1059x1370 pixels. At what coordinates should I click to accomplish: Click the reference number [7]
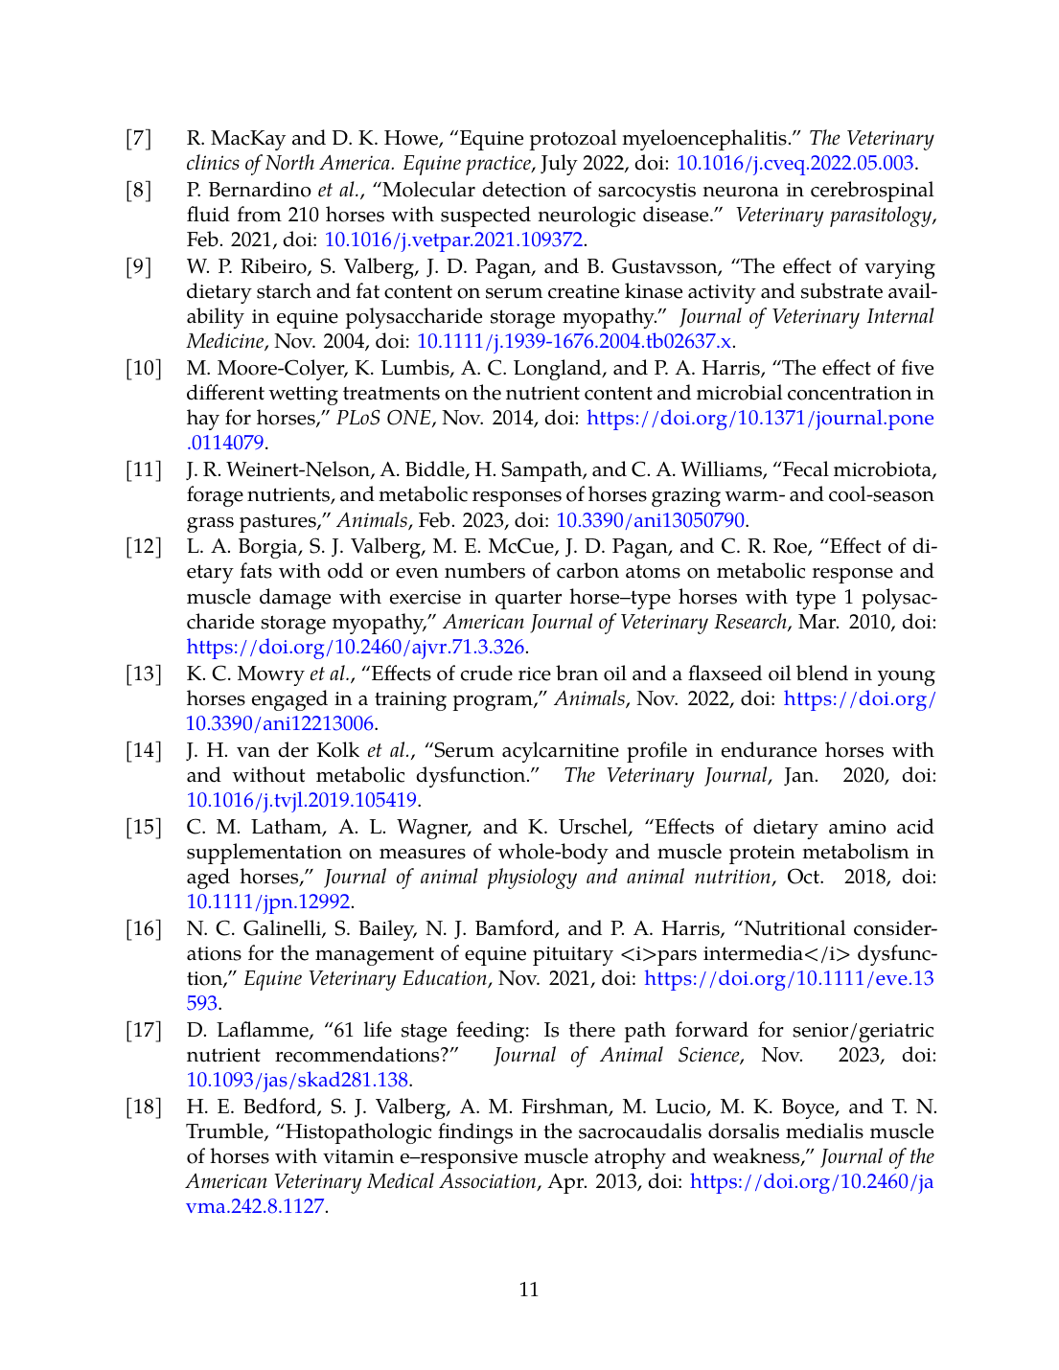(x=139, y=139)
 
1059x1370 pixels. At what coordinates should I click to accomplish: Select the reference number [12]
(x=144, y=547)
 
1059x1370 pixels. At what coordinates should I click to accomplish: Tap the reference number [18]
(x=144, y=1107)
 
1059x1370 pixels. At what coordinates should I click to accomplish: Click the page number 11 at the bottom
(x=529, y=1290)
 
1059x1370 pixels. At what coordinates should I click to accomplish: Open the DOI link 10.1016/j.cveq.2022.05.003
(x=794, y=164)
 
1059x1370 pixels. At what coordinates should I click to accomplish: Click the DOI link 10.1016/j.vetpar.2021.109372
(x=454, y=240)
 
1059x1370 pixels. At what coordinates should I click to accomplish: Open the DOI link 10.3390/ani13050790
(x=651, y=520)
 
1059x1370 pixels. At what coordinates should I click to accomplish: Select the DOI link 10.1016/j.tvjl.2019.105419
(x=302, y=800)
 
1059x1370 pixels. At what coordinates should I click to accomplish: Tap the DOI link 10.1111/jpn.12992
(x=268, y=902)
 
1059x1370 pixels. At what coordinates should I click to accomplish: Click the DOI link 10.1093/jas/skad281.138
(x=298, y=1080)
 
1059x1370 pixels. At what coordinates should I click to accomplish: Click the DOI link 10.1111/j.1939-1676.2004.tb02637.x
(x=574, y=342)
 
